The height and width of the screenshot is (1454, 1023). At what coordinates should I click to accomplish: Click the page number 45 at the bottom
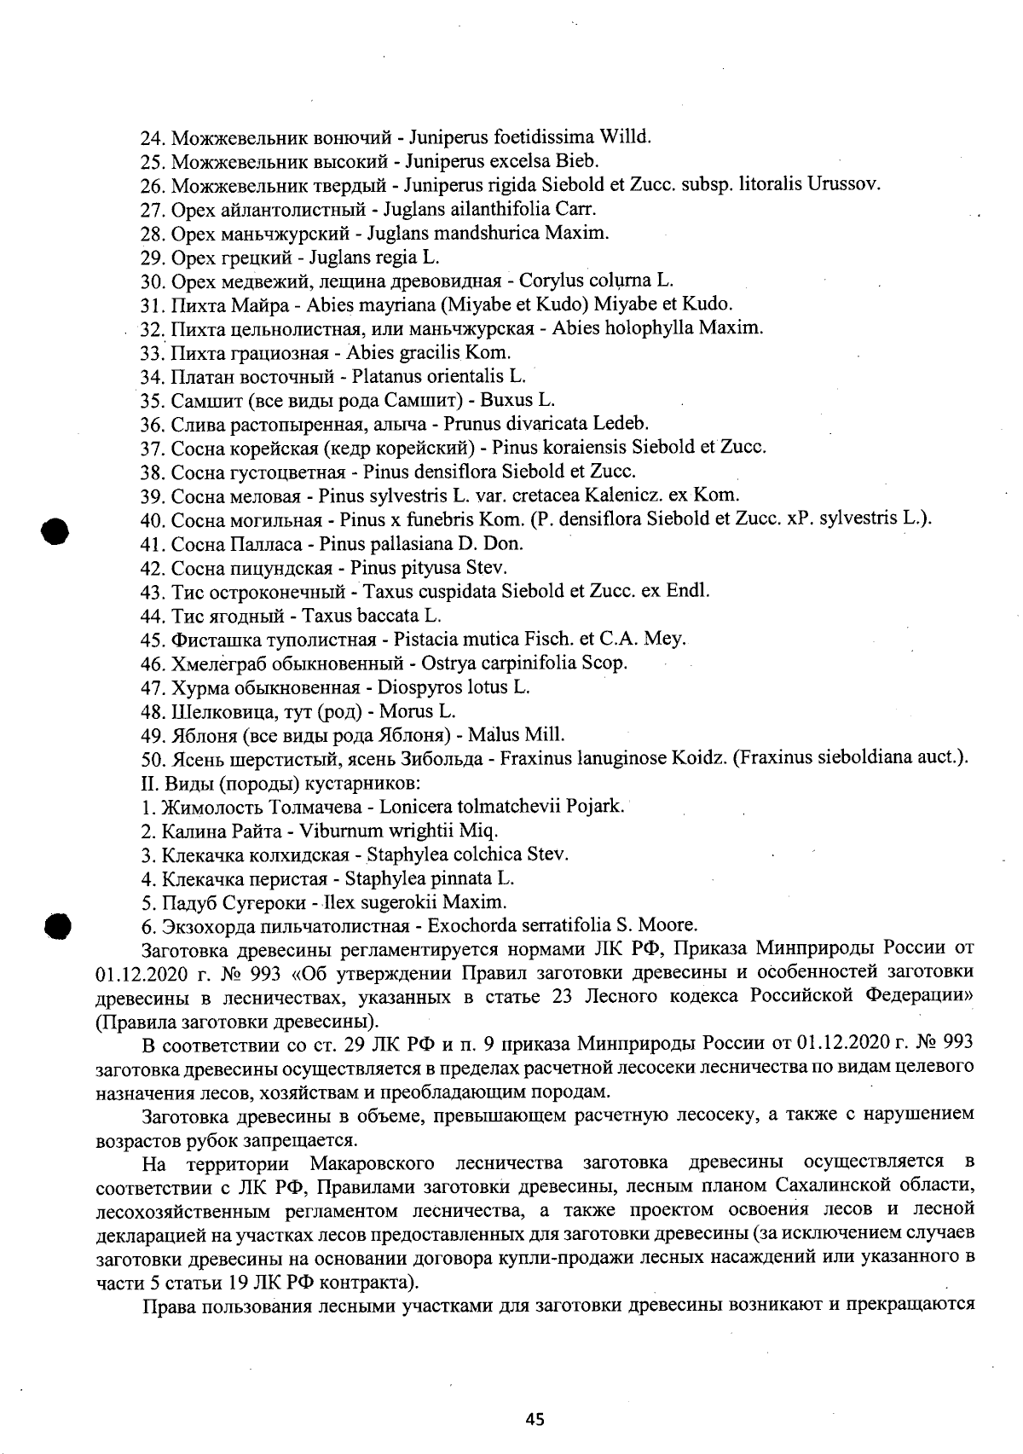point(535,1419)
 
